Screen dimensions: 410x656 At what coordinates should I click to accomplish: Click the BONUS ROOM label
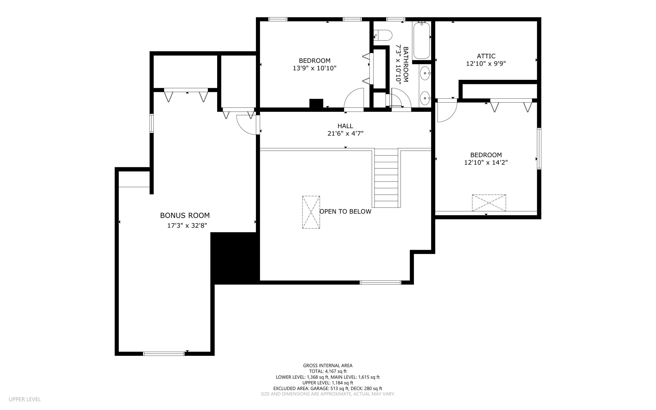[x=185, y=215]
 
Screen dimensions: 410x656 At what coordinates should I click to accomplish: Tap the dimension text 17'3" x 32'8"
[x=187, y=226]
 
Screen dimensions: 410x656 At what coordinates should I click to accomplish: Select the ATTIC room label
[x=486, y=56]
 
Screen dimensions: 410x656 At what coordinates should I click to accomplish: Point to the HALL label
[x=345, y=126]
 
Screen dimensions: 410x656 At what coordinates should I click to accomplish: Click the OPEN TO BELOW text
[x=345, y=212]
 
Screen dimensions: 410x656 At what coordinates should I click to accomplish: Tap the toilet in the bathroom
[x=383, y=35]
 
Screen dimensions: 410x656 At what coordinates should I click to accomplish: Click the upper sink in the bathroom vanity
[x=425, y=73]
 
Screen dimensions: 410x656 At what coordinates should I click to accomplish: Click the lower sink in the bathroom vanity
[x=425, y=98]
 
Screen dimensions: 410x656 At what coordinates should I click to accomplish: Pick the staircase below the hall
[x=386, y=178]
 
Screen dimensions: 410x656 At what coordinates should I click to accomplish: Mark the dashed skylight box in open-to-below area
[x=311, y=212]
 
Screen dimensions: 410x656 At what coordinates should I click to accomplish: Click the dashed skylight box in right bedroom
[x=489, y=203]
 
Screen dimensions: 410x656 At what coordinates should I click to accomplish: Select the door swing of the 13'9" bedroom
[x=354, y=99]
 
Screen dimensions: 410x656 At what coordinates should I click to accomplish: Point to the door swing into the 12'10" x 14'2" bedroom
[x=447, y=111]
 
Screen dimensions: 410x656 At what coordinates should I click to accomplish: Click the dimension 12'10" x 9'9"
[x=486, y=64]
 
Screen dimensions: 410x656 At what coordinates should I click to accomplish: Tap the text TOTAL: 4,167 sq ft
[x=328, y=371]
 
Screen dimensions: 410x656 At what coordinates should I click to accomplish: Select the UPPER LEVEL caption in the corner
[x=25, y=399]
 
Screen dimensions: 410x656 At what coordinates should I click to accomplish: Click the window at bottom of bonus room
[x=164, y=354]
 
